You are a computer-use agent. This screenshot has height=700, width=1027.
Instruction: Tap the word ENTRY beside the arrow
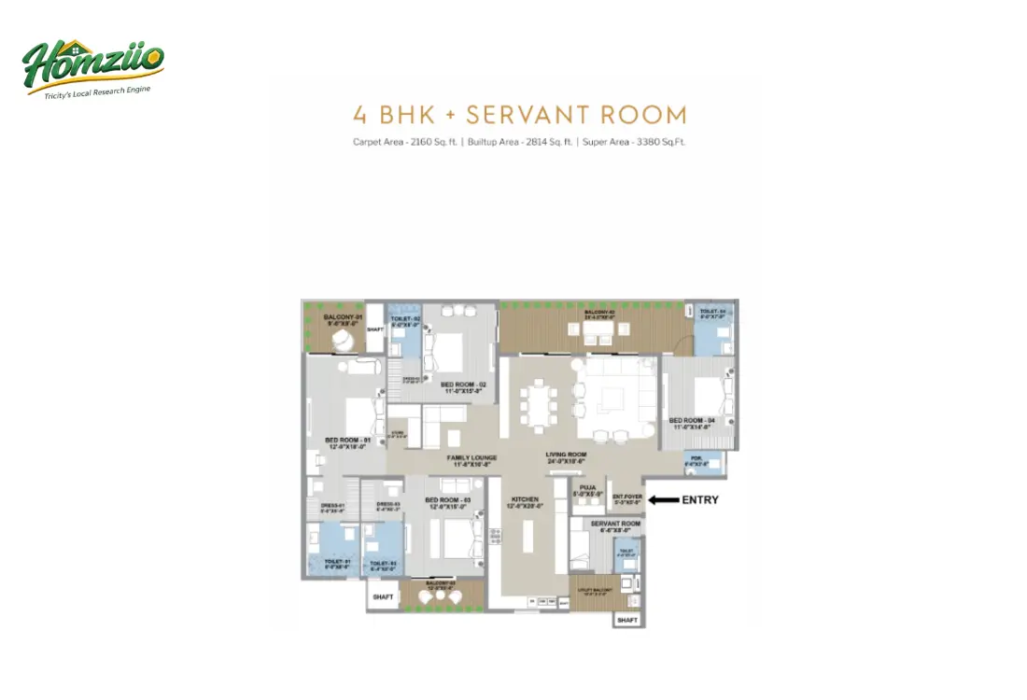(x=700, y=500)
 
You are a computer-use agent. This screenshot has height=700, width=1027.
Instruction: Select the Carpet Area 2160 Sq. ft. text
(x=405, y=143)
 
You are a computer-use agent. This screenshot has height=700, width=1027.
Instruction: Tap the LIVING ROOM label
(x=566, y=458)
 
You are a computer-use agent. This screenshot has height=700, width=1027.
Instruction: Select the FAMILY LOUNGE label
(x=471, y=458)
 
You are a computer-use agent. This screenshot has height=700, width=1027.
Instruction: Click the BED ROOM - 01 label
(x=348, y=441)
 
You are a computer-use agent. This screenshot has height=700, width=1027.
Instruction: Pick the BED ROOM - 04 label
(x=692, y=423)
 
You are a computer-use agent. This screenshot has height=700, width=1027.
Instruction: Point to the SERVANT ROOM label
(x=616, y=525)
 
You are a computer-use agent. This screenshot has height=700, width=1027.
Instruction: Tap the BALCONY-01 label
(x=343, y=318)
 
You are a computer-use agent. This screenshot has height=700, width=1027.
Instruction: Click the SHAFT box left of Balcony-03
(x=383, y=596)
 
